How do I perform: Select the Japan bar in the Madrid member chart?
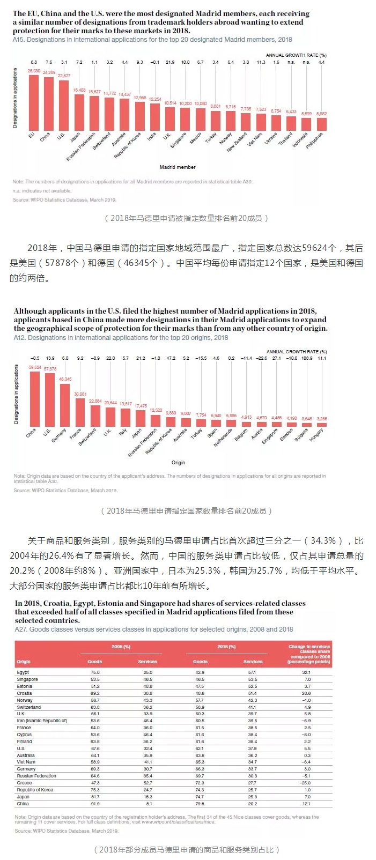[79, 113]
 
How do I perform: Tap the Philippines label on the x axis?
[315, 140]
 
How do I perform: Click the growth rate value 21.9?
[170, 62]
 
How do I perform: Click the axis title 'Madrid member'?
[178, 167]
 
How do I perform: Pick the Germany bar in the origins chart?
[65, 405]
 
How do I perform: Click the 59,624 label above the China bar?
[35, 367]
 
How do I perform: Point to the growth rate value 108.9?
[307, 358]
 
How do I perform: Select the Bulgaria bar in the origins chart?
[307, 425]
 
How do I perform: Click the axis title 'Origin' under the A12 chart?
[178, 463]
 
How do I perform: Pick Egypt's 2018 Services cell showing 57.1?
[252, 672]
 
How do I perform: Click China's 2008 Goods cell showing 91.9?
[95, 804]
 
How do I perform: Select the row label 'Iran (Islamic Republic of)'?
[42, 721]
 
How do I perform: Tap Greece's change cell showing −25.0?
[306, 783]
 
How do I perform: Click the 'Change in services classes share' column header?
[309, 654]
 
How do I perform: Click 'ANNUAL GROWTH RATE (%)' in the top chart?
[296, 55]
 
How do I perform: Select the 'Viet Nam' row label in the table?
[26, 762]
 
